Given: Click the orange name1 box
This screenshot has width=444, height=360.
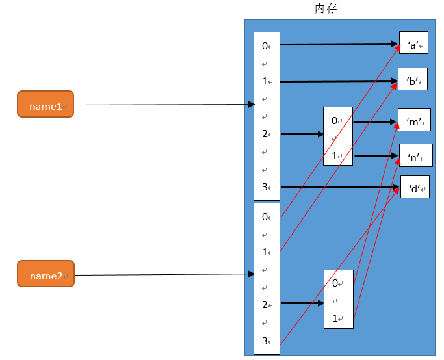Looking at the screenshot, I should coord(46,104).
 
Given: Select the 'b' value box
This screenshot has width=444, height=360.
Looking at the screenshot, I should coord(412,81).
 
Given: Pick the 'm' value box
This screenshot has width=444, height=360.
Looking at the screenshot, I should coord(414,121).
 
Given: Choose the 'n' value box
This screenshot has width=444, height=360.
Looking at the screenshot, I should coord(415,156).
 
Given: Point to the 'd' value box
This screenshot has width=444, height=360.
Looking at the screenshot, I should coord(415,187).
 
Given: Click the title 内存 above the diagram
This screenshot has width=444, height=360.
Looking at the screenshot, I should coord(325,8).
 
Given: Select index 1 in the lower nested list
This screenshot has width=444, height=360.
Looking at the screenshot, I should coord(335,318).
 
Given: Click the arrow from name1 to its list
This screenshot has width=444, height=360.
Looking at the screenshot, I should coord(163,105).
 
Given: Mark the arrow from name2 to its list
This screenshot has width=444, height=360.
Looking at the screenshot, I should coord(163,274).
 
